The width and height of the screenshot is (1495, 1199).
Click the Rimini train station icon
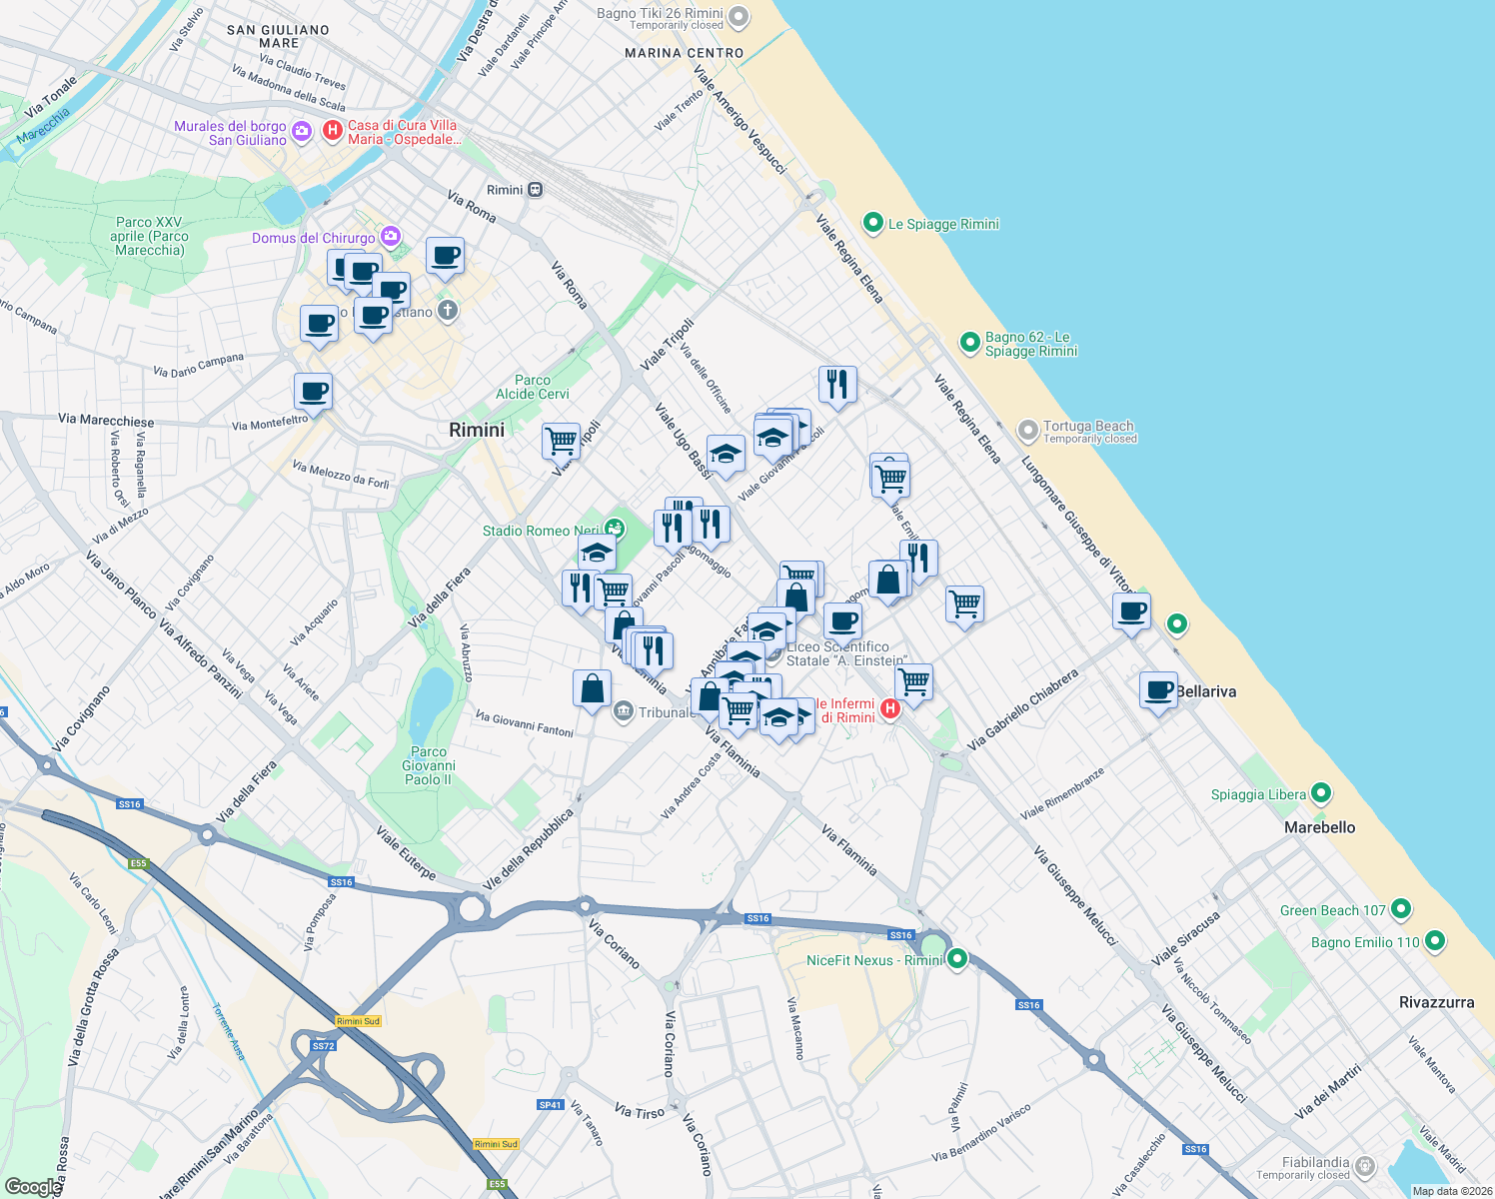click(x=536, y=190)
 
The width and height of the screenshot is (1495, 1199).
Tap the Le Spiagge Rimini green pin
click(x=873, y=223)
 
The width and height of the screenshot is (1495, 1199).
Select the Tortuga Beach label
click(x=1088, y=427)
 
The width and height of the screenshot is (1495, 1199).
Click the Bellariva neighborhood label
click(x=1205, y=691)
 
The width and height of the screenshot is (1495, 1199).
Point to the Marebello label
click(x=1319, y=827)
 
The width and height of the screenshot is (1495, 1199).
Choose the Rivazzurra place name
click(x=1436, y=1002)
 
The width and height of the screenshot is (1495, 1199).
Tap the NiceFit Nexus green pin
click(x=956, y=959)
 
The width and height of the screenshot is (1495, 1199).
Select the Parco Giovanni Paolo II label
click(x=428, y=765)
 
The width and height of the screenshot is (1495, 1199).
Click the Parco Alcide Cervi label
click(x=533, y=387)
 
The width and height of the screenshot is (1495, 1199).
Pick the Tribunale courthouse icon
click(x=624, y=711)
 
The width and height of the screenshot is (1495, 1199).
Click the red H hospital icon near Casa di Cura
click(x=333, y=131)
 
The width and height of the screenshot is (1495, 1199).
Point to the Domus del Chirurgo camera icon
click(x=391, y=237)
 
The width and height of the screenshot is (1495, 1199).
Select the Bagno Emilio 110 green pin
click(x=1435, y=941)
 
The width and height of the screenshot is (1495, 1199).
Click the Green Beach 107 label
click(x=1332, y=910)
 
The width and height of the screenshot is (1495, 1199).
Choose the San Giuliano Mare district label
click(x=278, y=36)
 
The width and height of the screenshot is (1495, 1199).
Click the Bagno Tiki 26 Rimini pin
click(x=739, y=16)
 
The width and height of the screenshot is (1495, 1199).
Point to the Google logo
click(x=33, y=1187)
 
